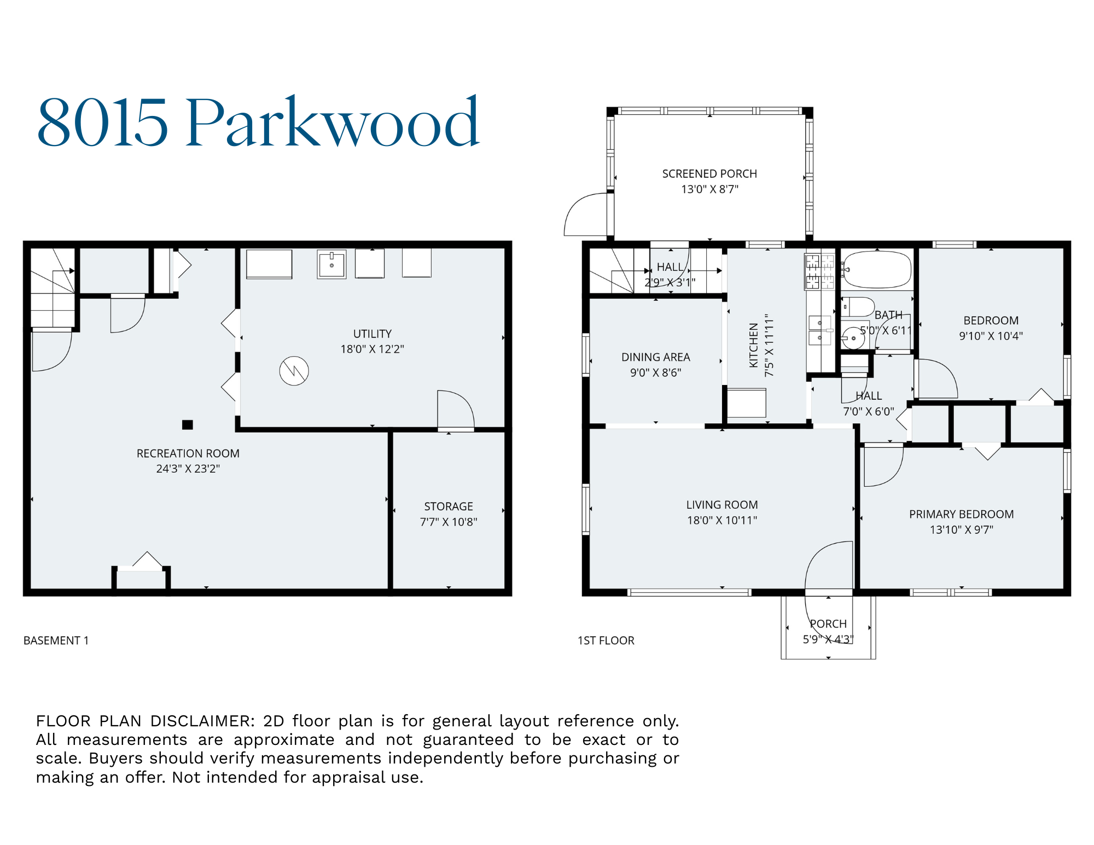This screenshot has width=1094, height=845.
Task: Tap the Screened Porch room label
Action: (709, 174)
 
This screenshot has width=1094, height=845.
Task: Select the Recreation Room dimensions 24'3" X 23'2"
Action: (188, 469)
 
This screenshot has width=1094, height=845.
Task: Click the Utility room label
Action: (372, 334)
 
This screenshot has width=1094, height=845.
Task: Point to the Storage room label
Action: (449, 506)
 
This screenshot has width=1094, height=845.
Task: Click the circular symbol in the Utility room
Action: (294, 371)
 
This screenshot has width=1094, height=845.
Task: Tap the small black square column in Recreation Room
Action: (188, 424)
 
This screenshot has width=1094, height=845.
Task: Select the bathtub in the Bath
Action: (877, 269)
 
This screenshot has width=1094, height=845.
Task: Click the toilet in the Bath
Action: (857, 307)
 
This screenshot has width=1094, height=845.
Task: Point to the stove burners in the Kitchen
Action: (819, 271)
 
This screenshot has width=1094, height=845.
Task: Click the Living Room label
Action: (722, 505)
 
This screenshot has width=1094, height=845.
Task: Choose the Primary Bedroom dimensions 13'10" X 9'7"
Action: (961, 529)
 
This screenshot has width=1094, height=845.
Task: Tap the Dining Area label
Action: (655, 357)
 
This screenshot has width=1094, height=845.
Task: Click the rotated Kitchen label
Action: (754, 345)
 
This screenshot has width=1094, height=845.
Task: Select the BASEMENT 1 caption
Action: (56, 640)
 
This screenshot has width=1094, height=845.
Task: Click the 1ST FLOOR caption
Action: (606, 640)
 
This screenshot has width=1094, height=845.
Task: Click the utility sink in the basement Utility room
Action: (331, 265)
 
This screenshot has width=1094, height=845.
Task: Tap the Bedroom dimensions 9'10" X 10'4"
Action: (991, 336)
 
